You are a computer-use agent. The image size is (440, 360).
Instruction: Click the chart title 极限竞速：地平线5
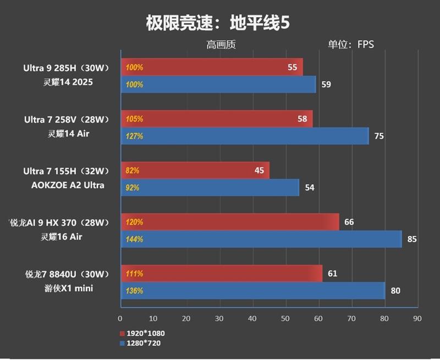pos(217,23)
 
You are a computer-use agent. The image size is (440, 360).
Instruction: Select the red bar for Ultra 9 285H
pos(212,67)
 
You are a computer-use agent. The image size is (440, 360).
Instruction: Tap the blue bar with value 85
pos(261,239)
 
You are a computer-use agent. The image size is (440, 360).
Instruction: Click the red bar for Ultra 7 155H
pos(195,171)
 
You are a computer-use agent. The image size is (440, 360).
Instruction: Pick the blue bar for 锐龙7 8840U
pos(253,291)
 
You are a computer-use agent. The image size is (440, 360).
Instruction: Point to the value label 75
pos(379,136)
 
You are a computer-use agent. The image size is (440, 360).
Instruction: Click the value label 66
pos(349,222)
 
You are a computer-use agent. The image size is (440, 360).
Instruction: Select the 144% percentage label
pos(135,239)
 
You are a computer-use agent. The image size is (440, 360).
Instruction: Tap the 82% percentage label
pos(133,171)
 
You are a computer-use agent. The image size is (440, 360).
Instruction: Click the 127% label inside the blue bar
pos(135,136)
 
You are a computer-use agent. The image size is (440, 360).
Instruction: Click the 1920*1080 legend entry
pos(142,333)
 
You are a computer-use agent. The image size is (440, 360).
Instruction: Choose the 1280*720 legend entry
pos(140,343)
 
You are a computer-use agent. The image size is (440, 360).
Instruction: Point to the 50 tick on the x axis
pos(285,318)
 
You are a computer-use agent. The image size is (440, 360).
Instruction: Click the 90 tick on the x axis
pos(417,318)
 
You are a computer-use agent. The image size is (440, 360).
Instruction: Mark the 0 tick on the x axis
pos(120,318)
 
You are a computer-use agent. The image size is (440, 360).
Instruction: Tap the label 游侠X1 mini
pos(67,288)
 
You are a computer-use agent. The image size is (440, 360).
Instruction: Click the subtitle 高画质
pos(221,45)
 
